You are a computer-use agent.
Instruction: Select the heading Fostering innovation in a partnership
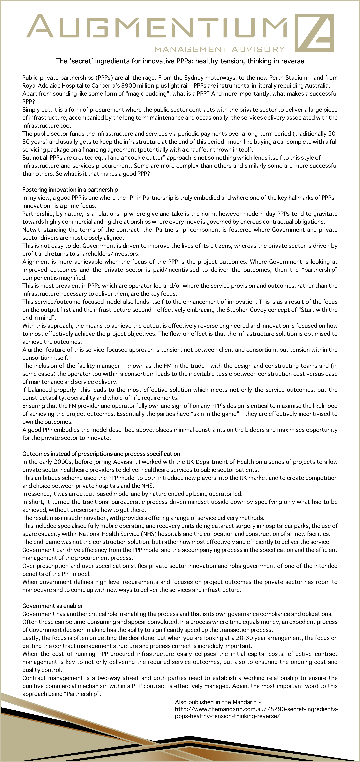[70, 190]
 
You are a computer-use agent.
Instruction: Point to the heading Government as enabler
[53, 606]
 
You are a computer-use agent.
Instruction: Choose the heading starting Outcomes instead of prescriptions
[101, 454]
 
